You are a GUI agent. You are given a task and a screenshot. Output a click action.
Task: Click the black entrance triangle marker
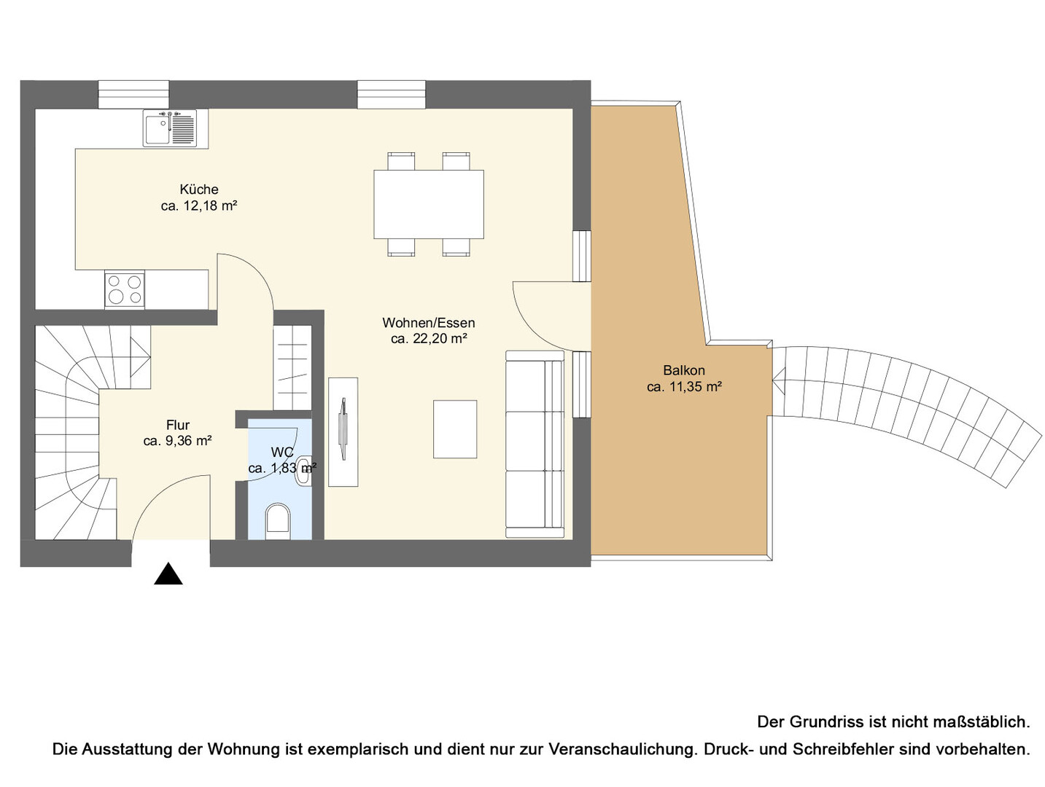[x=168, y=574]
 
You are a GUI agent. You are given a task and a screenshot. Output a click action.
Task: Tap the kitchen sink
[x=169, y=128]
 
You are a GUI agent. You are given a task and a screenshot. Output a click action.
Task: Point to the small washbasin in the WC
[x=303, y=471]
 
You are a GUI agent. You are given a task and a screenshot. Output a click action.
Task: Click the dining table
[x=429, y=204]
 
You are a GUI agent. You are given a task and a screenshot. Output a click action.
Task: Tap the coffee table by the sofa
[x=454, y=429]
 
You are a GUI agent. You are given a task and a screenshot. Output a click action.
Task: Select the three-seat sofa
[x=534, y=444]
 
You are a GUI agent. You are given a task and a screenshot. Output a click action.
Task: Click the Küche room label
[x=199, y=189]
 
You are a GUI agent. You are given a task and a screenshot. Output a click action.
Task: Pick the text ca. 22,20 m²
[x=429, y=339]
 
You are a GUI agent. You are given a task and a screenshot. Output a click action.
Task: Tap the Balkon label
[x=683, y=370]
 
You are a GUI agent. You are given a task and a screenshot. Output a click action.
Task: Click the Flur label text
[x=178, y=425]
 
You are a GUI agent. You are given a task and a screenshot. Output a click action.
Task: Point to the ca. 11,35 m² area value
[x=683, y=387]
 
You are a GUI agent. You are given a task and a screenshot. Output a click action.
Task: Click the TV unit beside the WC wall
[x=343, y=432]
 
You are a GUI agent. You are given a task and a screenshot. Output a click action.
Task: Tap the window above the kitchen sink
[x=133, y=94]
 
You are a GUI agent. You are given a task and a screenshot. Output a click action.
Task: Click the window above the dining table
[x=392, y=94]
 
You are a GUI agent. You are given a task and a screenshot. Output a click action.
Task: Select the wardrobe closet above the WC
[x=292, y=367]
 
